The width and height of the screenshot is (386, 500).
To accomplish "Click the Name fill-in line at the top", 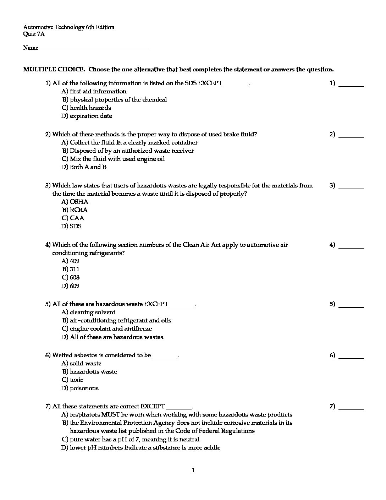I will pos(93,49).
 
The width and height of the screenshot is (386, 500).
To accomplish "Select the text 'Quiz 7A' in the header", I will pos(34,34).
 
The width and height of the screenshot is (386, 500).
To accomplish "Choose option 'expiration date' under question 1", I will pos(91,116).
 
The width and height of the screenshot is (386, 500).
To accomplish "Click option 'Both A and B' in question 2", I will pos(88,167).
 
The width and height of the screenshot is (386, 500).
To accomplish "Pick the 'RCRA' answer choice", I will pos(78,210).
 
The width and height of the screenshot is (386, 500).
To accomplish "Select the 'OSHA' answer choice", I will pos(79,202).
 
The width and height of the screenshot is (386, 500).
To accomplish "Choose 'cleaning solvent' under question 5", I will pos(92,312).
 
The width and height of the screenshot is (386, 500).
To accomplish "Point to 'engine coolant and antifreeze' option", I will pos(111,329).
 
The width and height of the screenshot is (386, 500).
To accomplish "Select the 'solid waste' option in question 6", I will pos(86,364).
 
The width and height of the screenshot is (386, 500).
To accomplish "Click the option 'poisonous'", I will pos(84,388).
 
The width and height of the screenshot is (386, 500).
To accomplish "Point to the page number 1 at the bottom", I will pos(193,471).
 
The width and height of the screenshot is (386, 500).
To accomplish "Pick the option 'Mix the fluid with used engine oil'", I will pos(117,159).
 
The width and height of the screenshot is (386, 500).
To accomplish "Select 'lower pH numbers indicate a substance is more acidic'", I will pos(145,448).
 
